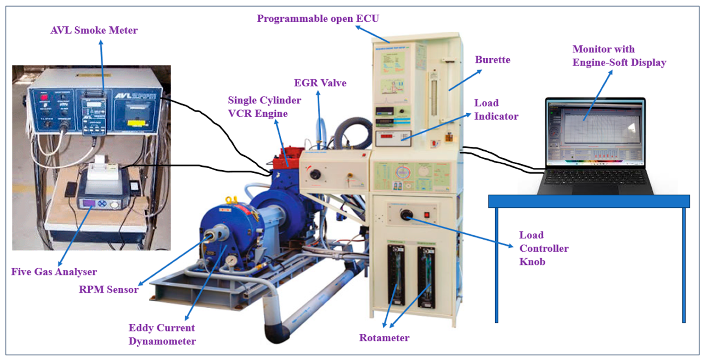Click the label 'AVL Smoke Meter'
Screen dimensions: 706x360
click(x=94, y=30)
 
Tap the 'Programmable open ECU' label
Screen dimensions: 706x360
click(x=318, y=19)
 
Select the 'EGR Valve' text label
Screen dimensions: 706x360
click(x=320, y=83)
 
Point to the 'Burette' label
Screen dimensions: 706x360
click(x=492, y=60)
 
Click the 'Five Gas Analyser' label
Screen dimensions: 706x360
click(x=54, y=272)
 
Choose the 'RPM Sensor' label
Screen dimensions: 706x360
click(x=108, y=289)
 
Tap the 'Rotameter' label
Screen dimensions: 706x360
click(x=384, y=338)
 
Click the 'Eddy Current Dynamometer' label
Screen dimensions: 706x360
click(x=162, y=335)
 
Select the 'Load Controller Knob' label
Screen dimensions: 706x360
click(x=544, y=248)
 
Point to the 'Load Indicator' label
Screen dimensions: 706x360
click(x=496, y=110)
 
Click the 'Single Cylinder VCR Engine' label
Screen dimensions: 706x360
click(x=264, y=107)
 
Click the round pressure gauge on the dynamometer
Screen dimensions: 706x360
click(x=232, y=260)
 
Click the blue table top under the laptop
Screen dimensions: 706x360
click(x=589, y=201)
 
